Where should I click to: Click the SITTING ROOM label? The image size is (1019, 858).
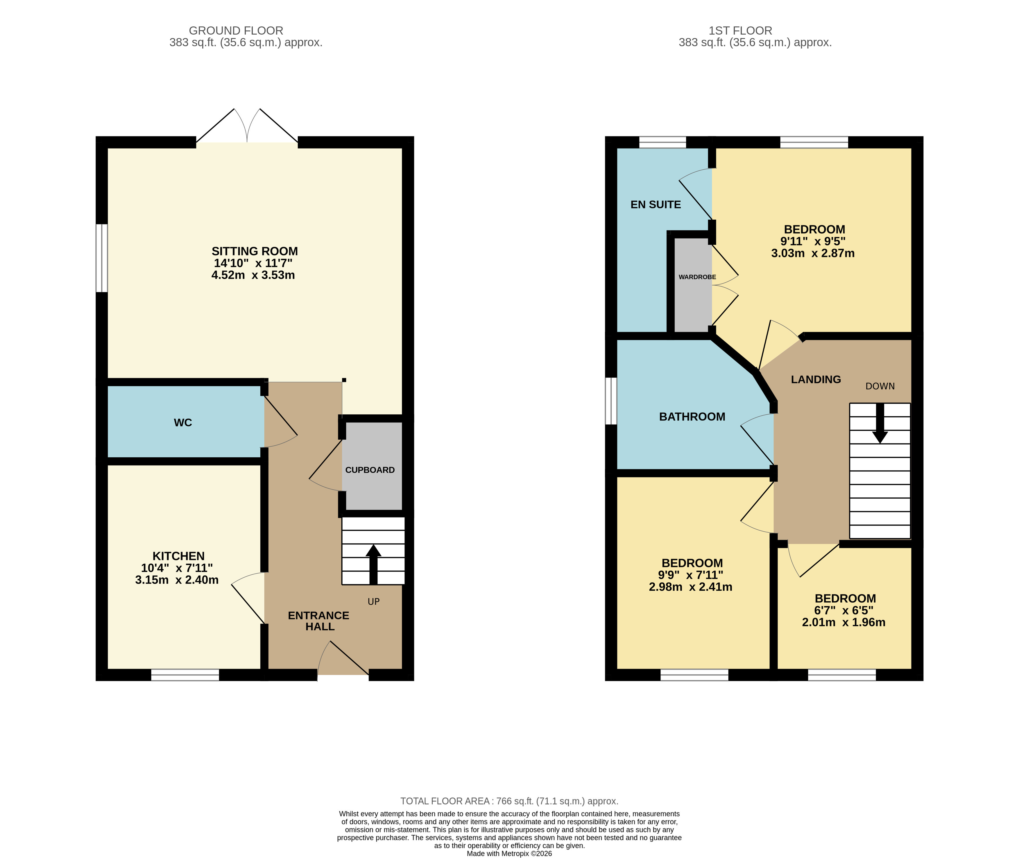pyautogui.click(x=254, y=251)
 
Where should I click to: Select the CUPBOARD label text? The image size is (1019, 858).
pyautogui.click(x=370, y=470)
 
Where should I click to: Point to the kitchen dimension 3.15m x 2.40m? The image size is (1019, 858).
pyautogui.click(x=177, y=580)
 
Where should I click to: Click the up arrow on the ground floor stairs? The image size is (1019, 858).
pyautogui.click(x=373, y=564)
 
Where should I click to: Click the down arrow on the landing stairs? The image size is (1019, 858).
pyautogui.click(x=880, y=423)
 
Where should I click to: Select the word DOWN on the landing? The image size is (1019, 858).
pyautogui.click(x=880, y=386)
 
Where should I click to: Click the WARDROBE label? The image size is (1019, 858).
pyautogui.click(x=697, y=277)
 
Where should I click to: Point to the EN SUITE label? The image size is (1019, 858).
pyautogui.click(x=656, y=205)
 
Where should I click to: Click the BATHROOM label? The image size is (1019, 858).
pyautogui.click(x=692, y=417)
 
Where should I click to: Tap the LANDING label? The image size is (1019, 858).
pyautogui.click(x=816, y=379)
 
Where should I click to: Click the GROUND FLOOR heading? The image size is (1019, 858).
pyautogui.click(x=236, y=31)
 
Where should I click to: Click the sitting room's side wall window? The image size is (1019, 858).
pyautogui.click(x=101, y=258)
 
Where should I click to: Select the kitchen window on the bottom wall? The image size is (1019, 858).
pyautogui.click(x=185, y=675)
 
